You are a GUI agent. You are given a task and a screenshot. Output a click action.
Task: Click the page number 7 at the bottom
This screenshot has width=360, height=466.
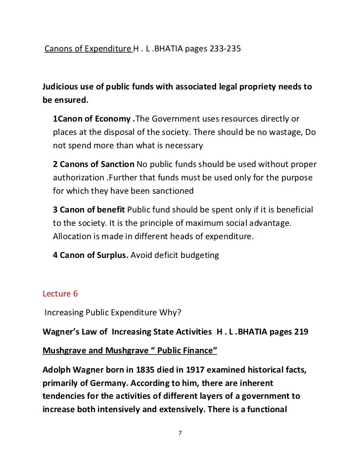point(180,433)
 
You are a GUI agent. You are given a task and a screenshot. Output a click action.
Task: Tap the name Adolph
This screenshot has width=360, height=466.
point(59,370)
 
